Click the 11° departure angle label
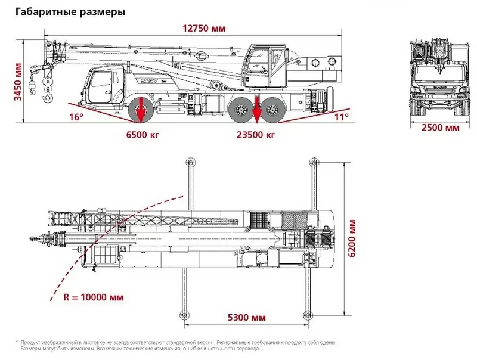[340, 117]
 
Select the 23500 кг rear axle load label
[256, 135]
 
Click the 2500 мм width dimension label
[440, 128]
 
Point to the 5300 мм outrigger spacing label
[246, 317]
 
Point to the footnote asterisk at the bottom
[17, 342]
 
